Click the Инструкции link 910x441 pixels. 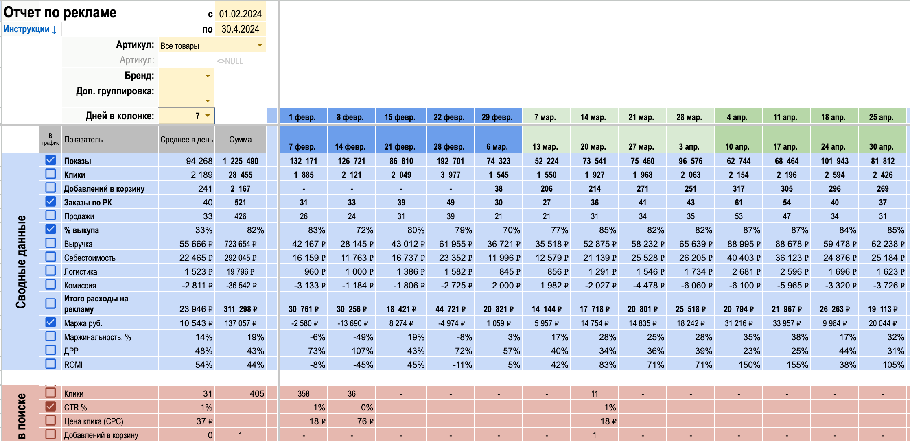(x=30, y=29)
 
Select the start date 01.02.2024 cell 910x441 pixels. (x=240, y=14)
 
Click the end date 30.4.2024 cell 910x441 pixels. (x=240, y=29)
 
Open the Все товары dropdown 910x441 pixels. (x=260, y=45)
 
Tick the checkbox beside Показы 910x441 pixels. (x=50, y=160)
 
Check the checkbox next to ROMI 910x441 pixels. (x=50, y=364)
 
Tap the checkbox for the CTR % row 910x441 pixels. (x=50, y=406)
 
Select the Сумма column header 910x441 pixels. (x=240, y=140)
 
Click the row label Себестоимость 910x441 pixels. (x=90, y=258)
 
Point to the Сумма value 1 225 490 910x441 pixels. (x=240, y=161)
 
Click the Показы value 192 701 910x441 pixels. (x=450, y=161)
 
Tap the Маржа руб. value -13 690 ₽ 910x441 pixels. (x=352, y=323)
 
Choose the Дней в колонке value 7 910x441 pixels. (x=197, y=116)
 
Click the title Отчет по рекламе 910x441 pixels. (x=60, y=13)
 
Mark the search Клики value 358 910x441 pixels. (x=304, y=394)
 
